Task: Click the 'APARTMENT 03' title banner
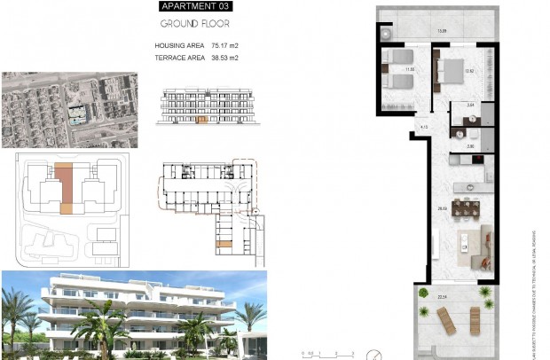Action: pyautogui.click(x=195, y=8)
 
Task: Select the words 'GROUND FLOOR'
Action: pyautogui.click(x=195, y=25)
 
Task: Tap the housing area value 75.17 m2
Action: pyautogui.click(x=222, y=45)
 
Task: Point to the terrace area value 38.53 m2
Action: pyautogui.click(x=222, y=58)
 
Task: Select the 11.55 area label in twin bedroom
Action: pyautogui.click(x=410, y=67)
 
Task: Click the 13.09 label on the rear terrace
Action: pyautogui.click(x=441, y=33)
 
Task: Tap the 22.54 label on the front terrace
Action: pyautogui.click(x=442, y=297)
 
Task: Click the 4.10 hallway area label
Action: pyautogui.click(x=424, y=128)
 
